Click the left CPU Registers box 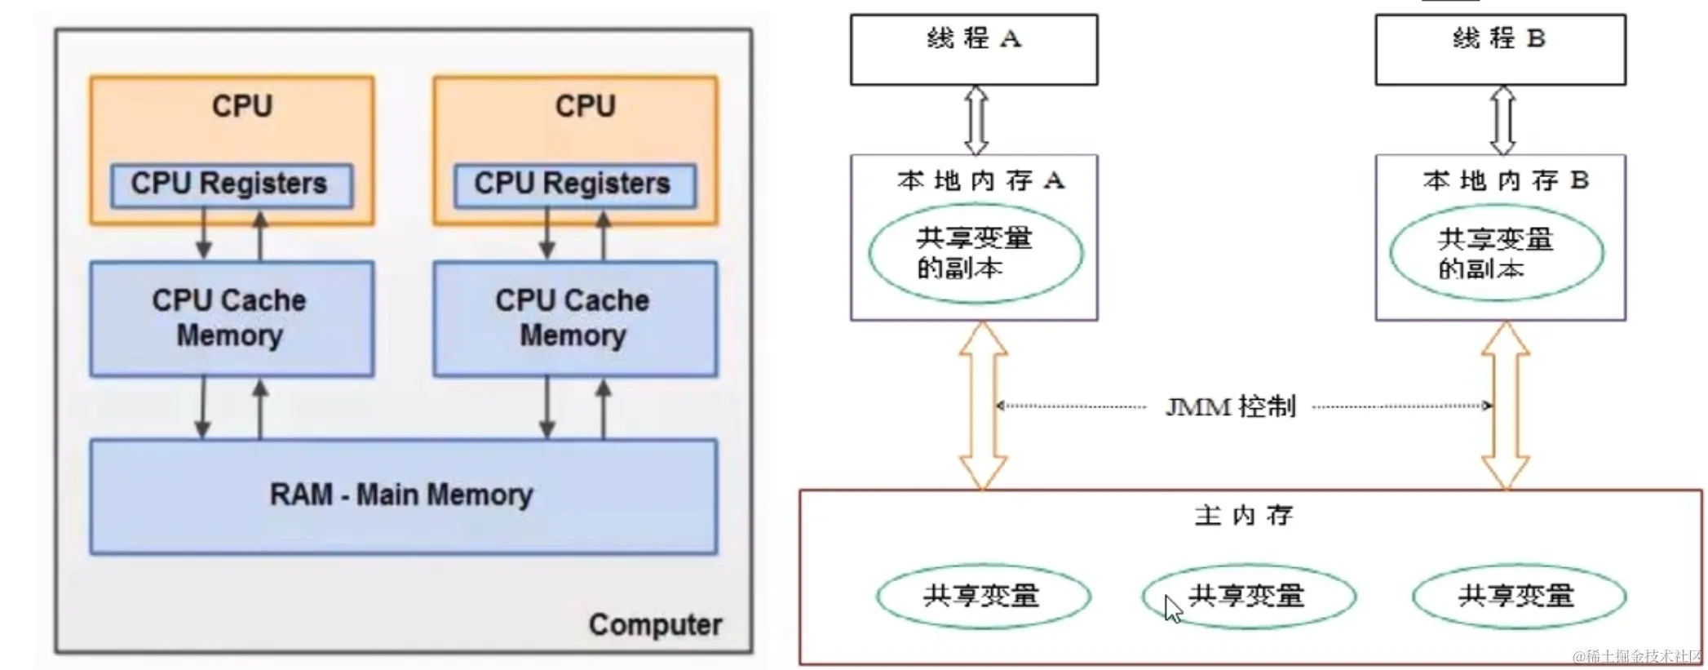pos(231,185)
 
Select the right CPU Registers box pos(574,185)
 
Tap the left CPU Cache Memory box pos(231,318)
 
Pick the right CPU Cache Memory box pos(574,318)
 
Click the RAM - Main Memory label pos(401,495)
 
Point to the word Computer pos(655,625)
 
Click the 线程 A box pos(974,49)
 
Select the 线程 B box pos(1499,49)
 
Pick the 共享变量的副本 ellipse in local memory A pos(976,253)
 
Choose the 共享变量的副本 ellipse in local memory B pos(1496,254)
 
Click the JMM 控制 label pos(1230,406)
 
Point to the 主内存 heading pos(1243,516)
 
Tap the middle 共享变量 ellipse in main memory pos(1248,596)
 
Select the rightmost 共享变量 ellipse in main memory pos(1518,596)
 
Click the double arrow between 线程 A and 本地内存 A pos(976,120)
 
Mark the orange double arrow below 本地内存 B pos(1505,405)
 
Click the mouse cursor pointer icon pos(1173,609)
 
